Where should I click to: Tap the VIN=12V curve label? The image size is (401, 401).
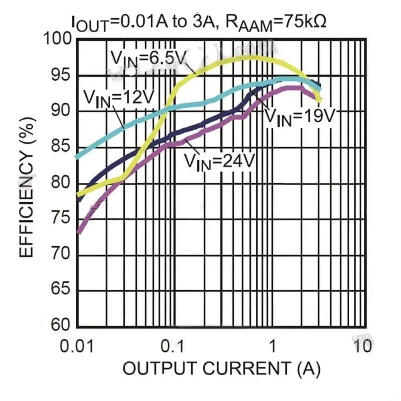(x=119, y=97)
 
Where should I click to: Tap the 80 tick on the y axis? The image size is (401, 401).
(x=61, y=183)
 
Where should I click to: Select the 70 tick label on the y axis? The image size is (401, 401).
(x=61, y=255)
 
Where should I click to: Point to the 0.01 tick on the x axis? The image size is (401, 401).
(x=77, y=345)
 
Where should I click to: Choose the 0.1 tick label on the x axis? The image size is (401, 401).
(x=172, y=345)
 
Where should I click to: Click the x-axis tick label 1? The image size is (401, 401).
(x=272, y=345)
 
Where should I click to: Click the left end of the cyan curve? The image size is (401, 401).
(x=77, y=156)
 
